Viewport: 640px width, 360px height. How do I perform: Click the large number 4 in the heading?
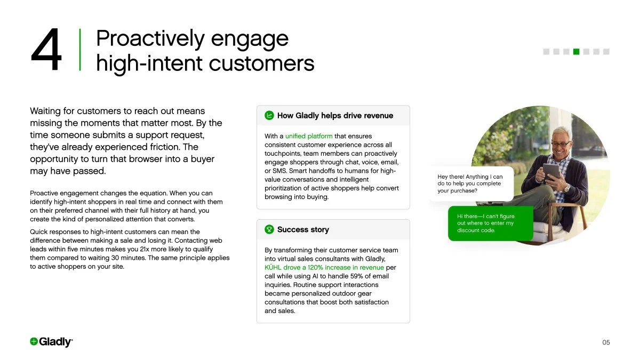click(x=46, y=51)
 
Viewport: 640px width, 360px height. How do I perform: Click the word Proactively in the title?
click(x=149, y=38)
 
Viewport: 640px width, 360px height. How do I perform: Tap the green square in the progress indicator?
click(x=576, y=52)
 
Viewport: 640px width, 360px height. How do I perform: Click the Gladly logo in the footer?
click(x=51, y=342)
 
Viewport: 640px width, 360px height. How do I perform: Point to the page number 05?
click(x=606, y=342)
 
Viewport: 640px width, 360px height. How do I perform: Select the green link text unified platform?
click(x=309, y=136)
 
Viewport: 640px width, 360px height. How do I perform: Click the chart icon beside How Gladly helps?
click(x=269, y=115)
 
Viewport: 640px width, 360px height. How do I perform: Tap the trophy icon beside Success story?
click(x=269, y=229)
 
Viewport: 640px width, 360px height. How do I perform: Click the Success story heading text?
click(x=303, y=229)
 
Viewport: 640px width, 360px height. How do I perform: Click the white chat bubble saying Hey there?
click(x=471, y=183)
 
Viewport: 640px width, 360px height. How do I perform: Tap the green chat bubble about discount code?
click(x=490, y=223)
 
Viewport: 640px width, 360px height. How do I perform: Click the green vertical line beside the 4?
click(x=80, y=50)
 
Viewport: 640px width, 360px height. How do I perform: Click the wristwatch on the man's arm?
click(x=567, y=188)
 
